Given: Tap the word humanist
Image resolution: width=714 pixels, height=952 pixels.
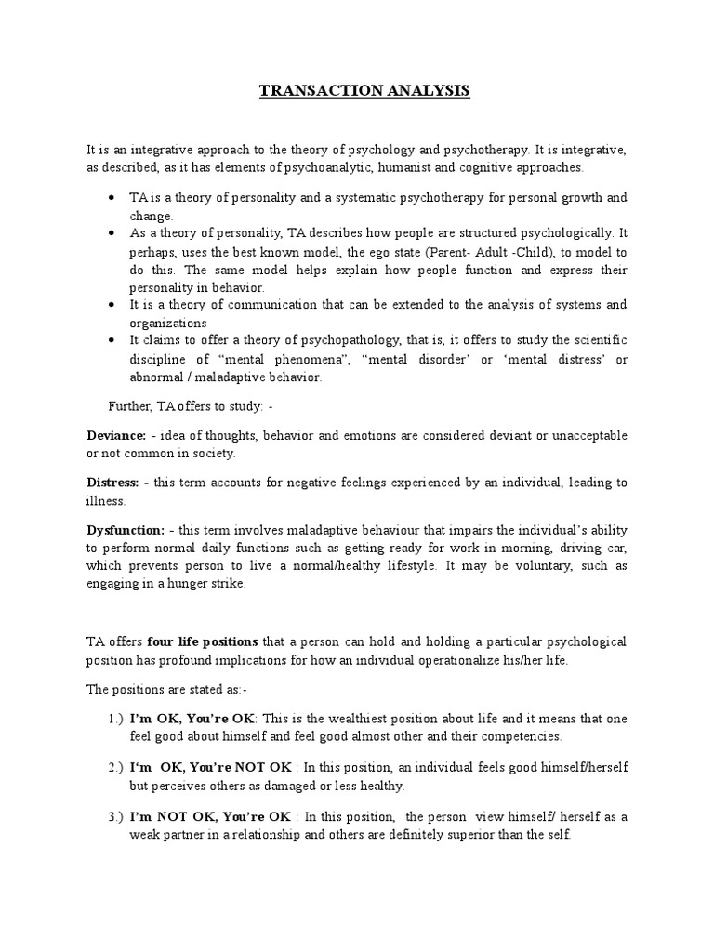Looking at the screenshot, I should [x=430, y=167].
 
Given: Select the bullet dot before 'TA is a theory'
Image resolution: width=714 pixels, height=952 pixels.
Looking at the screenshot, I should [x=112, y=198].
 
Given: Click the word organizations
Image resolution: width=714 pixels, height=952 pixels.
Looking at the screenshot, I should [x=166, y=324].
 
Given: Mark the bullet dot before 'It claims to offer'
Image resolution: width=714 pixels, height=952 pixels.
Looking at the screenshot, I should [x=112, y=341].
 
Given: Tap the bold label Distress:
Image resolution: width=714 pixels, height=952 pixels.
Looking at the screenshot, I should [x=112, y=483].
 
